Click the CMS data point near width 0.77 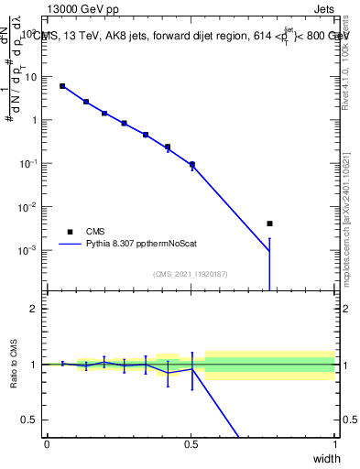click(269, 224)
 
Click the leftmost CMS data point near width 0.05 click(62, 86)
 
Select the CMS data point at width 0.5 click(191, 165)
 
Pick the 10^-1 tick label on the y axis click(31, 164)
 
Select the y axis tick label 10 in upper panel click(33, 77)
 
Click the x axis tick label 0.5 click(191, 444)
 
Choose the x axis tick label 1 click(334, 444)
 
